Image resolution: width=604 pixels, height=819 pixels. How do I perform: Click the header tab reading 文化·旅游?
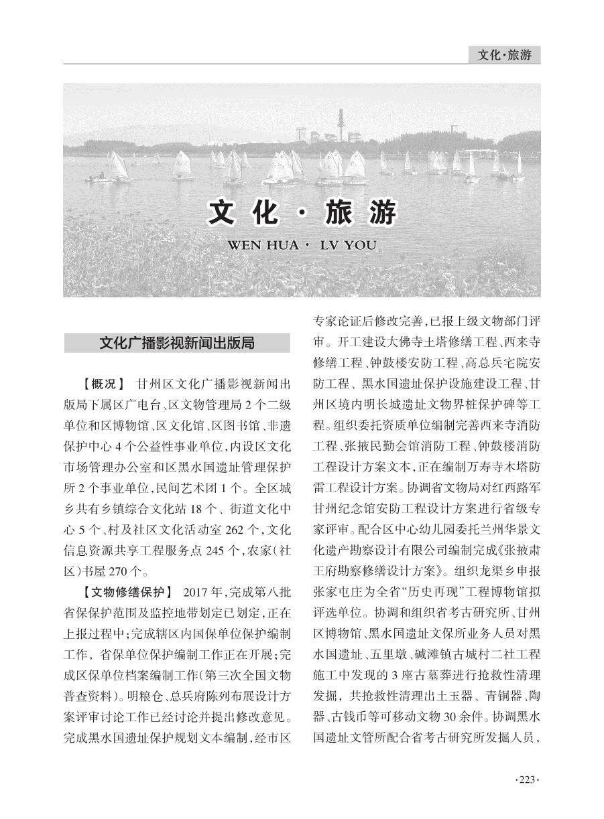click(x=504, y=56)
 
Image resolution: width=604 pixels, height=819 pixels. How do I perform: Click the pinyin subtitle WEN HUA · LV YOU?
click(x=302, y=245)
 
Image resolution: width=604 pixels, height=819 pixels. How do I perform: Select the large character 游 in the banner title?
click(x=380, y=213)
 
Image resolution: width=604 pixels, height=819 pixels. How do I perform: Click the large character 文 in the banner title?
click(x=225, y=213)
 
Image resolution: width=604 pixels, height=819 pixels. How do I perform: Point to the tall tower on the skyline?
click(x=341, y=125)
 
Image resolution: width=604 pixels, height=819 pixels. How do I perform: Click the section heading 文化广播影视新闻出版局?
click(x=177, y=343)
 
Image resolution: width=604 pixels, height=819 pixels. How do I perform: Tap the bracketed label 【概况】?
click(x=103, y=384)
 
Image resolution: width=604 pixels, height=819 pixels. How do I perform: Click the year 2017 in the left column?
click(x=196, y=592)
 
